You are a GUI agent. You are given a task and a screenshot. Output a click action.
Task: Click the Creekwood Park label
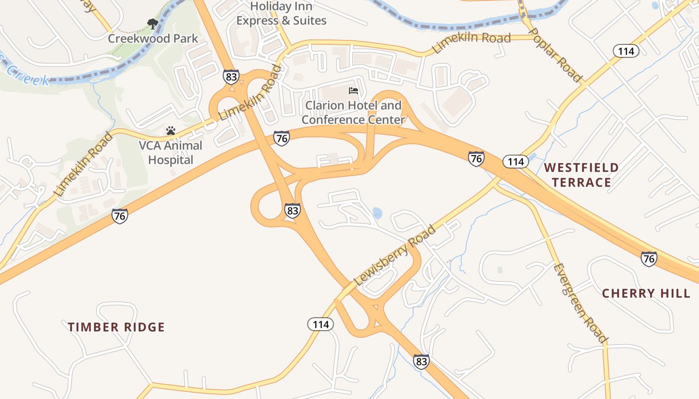click(153, 38)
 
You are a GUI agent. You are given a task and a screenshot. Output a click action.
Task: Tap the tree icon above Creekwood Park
click(152, 23)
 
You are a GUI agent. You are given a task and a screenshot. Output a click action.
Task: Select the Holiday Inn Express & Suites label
click(281, 13)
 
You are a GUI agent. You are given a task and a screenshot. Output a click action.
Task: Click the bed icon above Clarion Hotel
click(353, 91)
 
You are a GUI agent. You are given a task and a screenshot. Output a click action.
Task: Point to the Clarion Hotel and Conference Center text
click(353, 113)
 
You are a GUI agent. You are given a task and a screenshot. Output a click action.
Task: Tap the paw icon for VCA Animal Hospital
click(171, 131)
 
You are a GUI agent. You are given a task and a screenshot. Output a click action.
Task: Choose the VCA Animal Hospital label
click(170, 153)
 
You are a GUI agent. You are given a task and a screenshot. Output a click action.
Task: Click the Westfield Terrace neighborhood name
click(581, 175)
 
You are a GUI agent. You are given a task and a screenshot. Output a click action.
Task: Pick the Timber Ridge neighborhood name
click(116, 327)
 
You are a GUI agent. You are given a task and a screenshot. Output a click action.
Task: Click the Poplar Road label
click(555, 55)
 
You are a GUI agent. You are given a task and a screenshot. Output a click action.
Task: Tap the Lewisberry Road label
click(394, 256)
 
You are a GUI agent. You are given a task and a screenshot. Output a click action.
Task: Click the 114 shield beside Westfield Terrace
click(515, 162)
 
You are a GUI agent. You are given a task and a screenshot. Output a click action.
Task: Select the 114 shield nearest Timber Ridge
click(320, 325)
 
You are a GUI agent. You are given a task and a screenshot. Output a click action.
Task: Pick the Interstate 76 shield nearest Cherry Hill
click(649, 259)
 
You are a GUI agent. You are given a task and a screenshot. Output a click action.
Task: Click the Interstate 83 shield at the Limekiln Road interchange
click(231, 77)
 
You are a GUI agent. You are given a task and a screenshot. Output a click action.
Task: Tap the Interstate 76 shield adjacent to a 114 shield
click(476, 159)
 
